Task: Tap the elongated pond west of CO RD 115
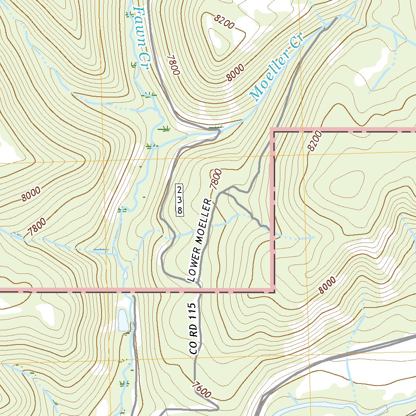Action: (122, 320)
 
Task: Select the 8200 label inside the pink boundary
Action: (314, 141)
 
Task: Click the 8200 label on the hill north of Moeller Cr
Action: (225, 23)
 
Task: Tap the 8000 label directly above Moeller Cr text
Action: (235, 73)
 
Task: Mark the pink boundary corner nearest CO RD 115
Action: (273, 290)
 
